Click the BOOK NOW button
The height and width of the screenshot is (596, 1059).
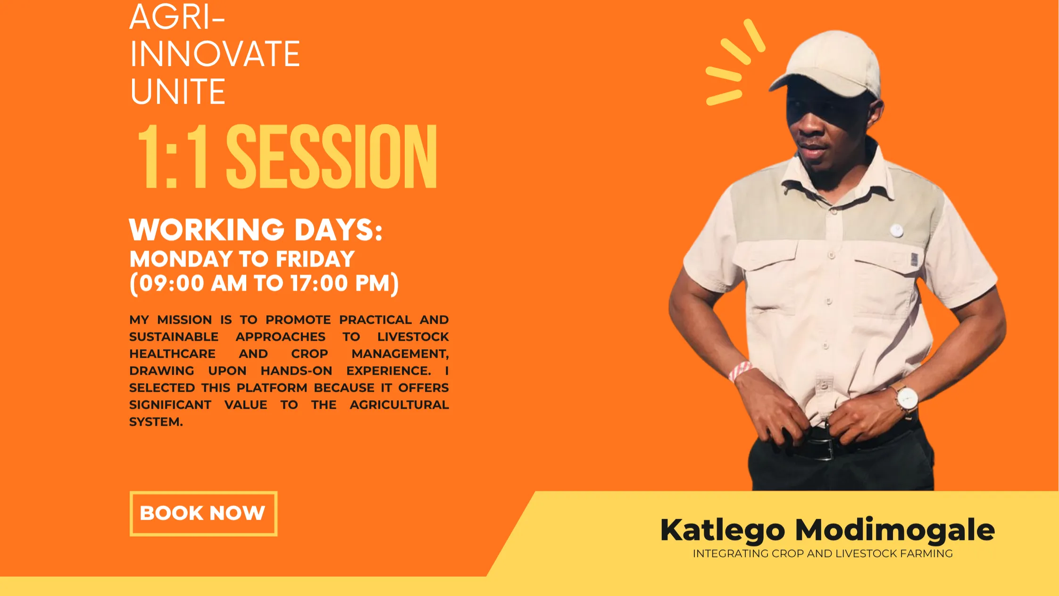[203, 513]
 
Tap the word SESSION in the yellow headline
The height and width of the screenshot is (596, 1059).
[332, 156]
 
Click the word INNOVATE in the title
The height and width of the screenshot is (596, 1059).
[215, 54]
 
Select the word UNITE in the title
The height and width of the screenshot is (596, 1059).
[178, 92]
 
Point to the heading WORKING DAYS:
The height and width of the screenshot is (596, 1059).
[256, 230]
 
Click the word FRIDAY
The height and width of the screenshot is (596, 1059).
[315, 259]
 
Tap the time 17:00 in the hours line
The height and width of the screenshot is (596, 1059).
[319, 283]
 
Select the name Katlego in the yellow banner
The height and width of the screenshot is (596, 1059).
[723, 530]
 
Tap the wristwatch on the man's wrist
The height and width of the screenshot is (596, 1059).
[906, 400]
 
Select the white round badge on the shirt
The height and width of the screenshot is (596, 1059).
[896, 230]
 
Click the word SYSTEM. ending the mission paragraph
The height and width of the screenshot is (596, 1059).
[156, 422]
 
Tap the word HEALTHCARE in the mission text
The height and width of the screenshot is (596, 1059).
[173, 354]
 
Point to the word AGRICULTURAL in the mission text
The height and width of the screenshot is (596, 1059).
[399, 405]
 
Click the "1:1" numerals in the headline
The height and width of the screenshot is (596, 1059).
[173, 156]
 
